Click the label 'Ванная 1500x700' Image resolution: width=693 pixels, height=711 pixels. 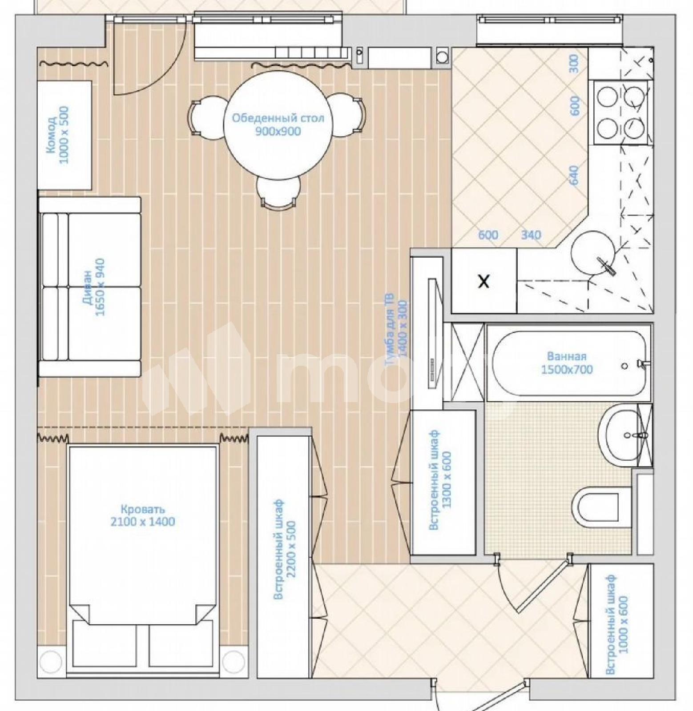pos(567,363)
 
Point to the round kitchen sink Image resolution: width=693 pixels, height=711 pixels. pos(594,253)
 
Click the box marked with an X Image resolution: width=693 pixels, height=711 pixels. pos(484,281)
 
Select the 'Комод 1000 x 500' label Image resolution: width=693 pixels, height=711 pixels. pos(58,135)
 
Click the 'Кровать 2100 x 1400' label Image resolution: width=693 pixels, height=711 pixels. pos(143,515)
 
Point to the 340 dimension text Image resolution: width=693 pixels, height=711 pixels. pos(531,235)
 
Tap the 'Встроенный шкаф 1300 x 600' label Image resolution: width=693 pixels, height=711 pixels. pos(440,479)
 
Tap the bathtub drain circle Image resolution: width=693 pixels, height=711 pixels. pos(625,366)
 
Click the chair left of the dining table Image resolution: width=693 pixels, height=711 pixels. pos(207,117)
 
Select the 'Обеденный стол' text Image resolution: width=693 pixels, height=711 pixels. pos(278,118)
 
